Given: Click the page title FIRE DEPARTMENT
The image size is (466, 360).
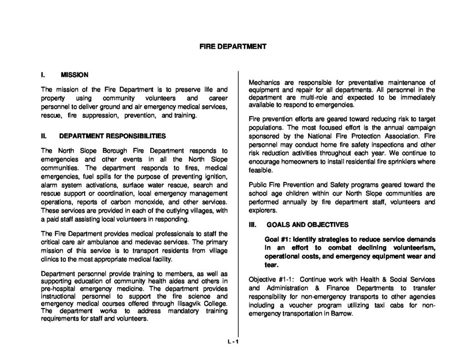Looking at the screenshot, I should click(233, 46).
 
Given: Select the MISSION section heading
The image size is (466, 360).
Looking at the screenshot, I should click(75, 75).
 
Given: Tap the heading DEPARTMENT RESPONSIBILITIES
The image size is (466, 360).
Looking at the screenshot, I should click(112, 136).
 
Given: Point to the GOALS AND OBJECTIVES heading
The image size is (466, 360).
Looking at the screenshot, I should click(308, 225).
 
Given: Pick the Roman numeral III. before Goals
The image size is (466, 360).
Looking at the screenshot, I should click(253, 225).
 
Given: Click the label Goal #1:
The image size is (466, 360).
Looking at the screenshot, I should click(278, 239).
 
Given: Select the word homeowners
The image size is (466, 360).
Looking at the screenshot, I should click(304, 162).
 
